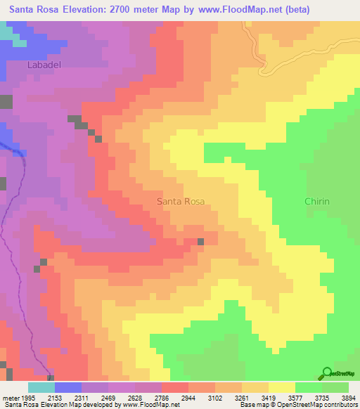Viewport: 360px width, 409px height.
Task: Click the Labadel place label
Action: pos(29,65)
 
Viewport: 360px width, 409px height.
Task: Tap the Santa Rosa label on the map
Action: pos(181,202)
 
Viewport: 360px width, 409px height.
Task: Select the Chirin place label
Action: pos(316,202)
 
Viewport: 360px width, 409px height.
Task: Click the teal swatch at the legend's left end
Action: pos(41,387)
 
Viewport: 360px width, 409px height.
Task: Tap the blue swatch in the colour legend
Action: pos(67,387)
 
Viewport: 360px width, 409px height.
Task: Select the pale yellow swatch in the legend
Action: pos(281,387)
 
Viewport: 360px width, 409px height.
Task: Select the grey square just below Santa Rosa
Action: pos(201,242)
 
